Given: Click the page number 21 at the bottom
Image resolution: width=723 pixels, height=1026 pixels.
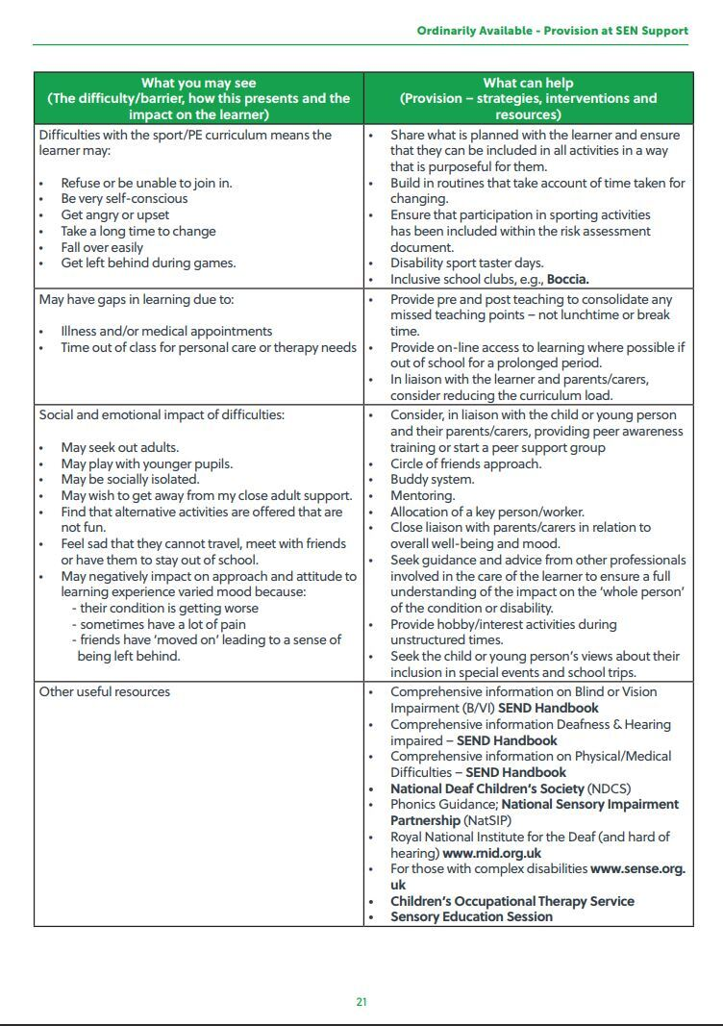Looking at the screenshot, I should pos(361,1002).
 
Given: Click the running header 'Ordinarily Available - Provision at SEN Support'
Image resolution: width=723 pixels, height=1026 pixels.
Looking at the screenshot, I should pos(552,31).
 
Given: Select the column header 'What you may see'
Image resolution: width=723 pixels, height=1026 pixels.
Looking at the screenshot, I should pos(199,83).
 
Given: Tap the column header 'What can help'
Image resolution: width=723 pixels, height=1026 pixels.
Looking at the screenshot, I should pos(528,83).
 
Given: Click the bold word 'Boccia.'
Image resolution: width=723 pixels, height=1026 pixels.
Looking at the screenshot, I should pos(567,280).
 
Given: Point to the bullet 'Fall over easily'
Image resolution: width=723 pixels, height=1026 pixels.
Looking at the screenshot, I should pos(102,247).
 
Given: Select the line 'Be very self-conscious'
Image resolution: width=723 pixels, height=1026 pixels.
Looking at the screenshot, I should pos(124,199).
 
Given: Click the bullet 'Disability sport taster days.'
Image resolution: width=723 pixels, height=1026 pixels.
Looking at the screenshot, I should pos(466,263).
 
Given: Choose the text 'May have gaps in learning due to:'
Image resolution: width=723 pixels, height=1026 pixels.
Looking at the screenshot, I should pos(137,300).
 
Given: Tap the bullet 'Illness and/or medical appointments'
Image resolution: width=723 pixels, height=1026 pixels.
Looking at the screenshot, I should pos(166,332).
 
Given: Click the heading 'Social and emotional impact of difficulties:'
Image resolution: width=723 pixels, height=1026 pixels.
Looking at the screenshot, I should pos(162,415).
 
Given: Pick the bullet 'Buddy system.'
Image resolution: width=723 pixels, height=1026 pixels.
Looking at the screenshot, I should pos(432,480).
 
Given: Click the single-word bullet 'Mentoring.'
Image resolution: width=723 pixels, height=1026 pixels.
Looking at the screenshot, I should pos(422,496).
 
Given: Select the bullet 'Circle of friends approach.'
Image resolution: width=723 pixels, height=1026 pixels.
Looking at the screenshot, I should pos(465,463).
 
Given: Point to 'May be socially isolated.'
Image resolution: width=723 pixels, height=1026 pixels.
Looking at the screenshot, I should pos(130,480).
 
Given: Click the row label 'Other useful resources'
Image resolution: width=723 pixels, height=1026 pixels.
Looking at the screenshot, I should pos(104,692).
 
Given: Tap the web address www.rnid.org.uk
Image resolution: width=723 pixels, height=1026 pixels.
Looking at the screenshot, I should pos(491,853).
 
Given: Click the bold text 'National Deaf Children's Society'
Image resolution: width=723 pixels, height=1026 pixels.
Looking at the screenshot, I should pos(486,788).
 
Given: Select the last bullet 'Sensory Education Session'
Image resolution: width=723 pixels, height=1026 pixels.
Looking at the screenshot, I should pos(471,917).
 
